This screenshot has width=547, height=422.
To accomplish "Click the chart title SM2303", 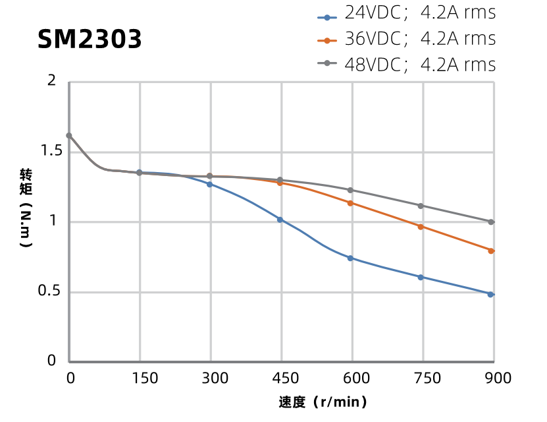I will [90, 40].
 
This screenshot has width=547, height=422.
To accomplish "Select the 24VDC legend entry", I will [407, 13].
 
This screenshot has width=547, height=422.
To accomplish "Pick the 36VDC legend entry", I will [407, 39].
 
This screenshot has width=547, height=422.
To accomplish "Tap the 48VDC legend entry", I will [407, 65].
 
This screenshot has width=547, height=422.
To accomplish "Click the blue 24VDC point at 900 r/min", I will [490, 294].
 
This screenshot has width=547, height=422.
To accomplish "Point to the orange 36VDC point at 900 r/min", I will [491, 251].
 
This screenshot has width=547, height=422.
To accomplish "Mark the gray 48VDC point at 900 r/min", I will [491, 222].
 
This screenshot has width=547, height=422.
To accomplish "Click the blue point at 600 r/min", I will [350, 258].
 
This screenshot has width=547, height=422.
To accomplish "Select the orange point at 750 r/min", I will [421, 227].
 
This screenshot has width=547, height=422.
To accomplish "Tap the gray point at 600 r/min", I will [350, 190].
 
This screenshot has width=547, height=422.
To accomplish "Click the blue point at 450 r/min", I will [280, 220].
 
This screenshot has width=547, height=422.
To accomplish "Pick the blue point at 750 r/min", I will [421, 277].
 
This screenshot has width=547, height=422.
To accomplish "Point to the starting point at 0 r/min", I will [69, 136].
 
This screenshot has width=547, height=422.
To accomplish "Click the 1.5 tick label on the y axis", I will [52, 152].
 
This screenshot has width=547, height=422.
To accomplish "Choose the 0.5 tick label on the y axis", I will [52, 292].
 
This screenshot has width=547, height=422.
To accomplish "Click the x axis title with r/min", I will [323, 402].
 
